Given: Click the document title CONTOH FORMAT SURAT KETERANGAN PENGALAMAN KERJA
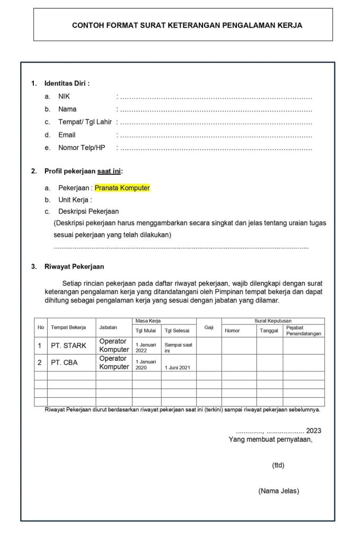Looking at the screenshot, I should pyautogui.click(x=187, y=25).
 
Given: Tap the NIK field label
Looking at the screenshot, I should pyautogui.click(x=64, y=97).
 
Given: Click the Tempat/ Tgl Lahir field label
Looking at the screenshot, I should pyautogui.click(x=85, y=122).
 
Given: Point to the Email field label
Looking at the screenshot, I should pyautogui.click(x=67, y=135).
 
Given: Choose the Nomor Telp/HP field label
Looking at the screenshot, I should pyautogui.click(x=81, y=147).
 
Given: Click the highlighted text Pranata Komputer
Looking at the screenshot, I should pyautogui.click(x=122, y=188).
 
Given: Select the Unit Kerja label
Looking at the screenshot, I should pyautogui.click(x=75, y=200).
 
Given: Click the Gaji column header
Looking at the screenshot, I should pyautogui.click(x=209, y=328).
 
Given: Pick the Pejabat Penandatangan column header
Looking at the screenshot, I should pyautogui.click(x=303, y=331).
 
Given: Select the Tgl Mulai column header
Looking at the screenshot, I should pyautogui.click(x=145, y=331).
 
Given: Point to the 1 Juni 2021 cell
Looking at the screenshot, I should pyautogui.click(x=177, y=367).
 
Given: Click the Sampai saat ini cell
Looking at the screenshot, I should pyautogui.click(x=178, y=347).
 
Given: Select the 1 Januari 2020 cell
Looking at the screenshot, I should pyautogui.click(x=145, y=364).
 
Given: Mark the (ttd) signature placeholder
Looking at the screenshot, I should pyautogui.click(x=278, y=465).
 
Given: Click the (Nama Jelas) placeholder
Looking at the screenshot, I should pyautogui.click(x=279, y=491).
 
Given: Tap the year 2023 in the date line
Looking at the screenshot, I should pyautogui.click(x=313, y=430).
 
